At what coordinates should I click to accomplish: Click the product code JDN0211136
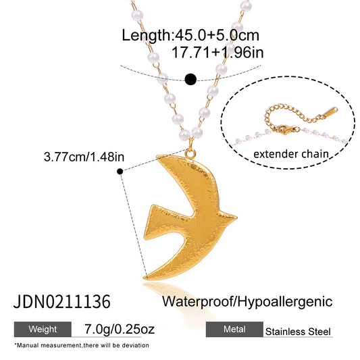coord(62,301)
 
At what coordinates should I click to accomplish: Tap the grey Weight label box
coord(43,329)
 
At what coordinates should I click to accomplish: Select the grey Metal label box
coord(234,329)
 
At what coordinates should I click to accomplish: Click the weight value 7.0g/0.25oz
coord(120,329)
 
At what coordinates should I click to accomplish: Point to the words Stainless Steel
coord(298,332)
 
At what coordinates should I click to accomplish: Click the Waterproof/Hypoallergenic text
coord(247,301)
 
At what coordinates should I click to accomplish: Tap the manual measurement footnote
coord(82,345)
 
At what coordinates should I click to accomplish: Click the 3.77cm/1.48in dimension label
coord(84,157)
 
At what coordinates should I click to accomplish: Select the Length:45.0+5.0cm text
coord(190,35)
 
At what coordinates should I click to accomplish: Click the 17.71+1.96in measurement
coord(217,53)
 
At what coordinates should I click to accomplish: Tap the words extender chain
coord(291,154)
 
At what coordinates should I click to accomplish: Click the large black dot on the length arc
coord(190,80)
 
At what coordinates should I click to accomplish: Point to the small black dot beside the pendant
coord(120,172)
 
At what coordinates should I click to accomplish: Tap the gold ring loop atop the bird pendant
coord(190,153)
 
